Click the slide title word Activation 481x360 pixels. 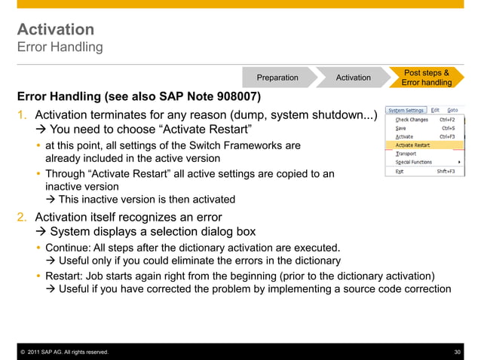(56, 29)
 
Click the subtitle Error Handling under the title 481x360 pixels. (60, 47)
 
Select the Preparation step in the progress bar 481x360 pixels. (277, 78)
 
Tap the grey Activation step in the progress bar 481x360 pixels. (353, 78)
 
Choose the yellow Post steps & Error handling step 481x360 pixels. (426, 78)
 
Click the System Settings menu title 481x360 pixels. (406, 110)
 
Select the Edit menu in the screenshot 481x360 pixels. (435, 110)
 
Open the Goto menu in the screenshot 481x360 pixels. (452, 110)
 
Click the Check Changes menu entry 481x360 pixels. (412, 120)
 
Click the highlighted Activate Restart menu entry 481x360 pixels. (414, 145)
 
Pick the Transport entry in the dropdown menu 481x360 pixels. (406, 153)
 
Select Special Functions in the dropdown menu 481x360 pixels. (414, 162)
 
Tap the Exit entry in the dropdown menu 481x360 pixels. (400, 171)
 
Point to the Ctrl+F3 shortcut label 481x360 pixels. (449, 136)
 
